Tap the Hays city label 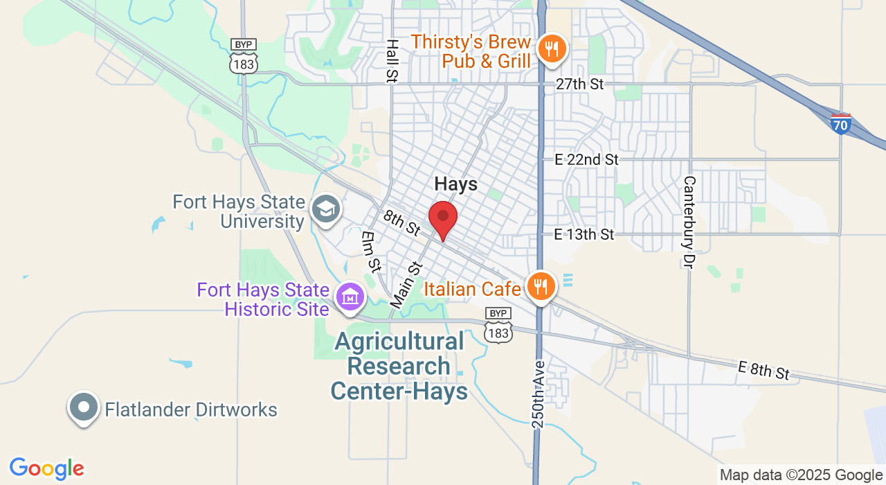(456, 184)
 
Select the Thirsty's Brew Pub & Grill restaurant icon (552, 49)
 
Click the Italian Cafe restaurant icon (541, 287)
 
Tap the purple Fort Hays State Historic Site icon (350, 297)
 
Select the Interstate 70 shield (840, 124)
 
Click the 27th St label (580, 84)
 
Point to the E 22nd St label (586, 159)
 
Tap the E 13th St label (584, 234)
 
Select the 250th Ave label (540, 393)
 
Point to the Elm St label (371, 251)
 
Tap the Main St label (406, 284)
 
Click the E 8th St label (763, 370)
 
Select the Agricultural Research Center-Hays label (399, 366)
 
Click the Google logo (46, 468)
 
